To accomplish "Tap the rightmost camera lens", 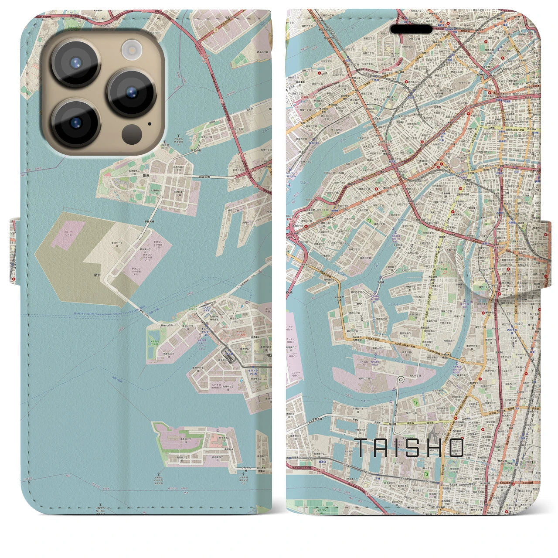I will coord(131,92).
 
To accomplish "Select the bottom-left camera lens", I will coord(76,123).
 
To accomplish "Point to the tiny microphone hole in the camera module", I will coord(150,123).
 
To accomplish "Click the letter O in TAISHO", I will coord(455,447).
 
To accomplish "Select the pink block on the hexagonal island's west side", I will coord(68,234).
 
